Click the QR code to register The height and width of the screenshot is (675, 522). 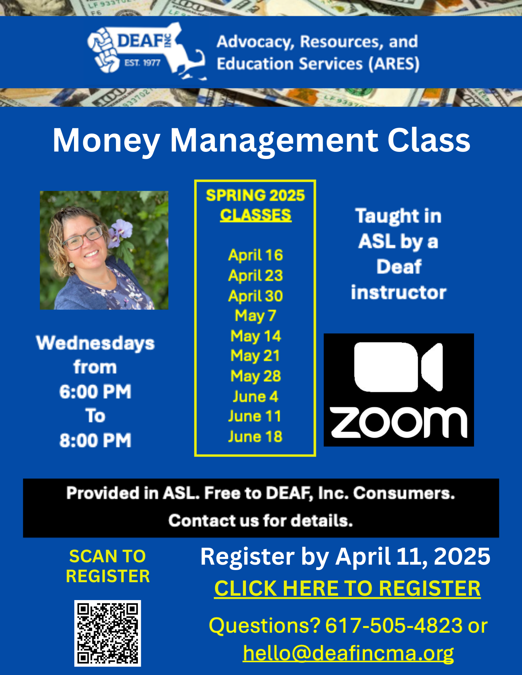point(107,633)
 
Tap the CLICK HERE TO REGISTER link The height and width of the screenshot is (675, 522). point(347,589)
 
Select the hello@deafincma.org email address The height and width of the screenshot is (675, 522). point(348,653)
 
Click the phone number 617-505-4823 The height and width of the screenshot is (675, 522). point(394,625)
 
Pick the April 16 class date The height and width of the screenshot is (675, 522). point(255,255)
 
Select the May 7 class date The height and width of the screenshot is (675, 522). point(255,316)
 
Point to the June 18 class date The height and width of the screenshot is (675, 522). point(255,436)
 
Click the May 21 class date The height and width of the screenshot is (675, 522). point(255,356)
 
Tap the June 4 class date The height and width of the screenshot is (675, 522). point(255,397)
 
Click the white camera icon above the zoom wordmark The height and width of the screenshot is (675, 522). point(398,367)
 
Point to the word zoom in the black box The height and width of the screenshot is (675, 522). point(399,422)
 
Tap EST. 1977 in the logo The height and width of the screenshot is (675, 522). point(142,63)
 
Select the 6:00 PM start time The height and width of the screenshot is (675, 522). point(95,392)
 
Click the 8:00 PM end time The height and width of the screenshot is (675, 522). point(95,440)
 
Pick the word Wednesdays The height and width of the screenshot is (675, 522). point(95,344)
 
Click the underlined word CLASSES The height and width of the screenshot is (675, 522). point(255,215)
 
